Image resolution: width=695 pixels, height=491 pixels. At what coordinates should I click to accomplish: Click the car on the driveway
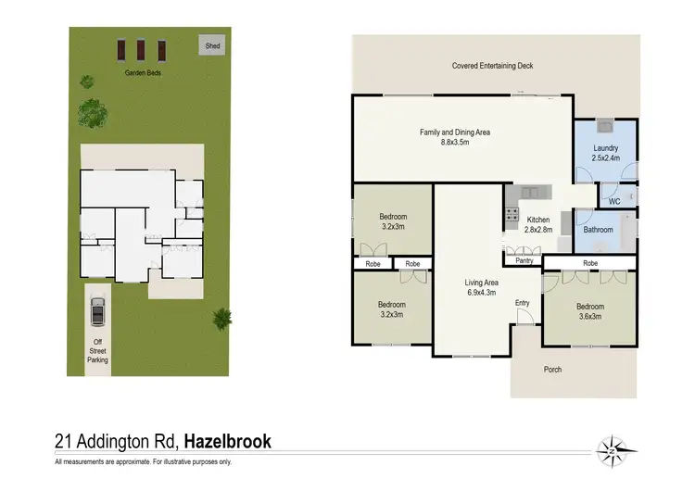tap(97, 311)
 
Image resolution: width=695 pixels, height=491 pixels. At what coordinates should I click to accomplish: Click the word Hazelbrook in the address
tap(227, 441)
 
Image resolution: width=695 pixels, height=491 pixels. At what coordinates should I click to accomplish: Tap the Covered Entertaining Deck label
tap(492, 66)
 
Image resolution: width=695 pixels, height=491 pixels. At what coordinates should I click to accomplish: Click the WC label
tap(613, 200)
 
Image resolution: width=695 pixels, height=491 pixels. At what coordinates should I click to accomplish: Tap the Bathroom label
tap(598, 229)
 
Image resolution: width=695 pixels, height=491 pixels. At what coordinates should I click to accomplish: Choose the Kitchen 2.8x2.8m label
tap(538, 224)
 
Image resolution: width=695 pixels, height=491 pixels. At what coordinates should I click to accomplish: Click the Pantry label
tap(524, 260)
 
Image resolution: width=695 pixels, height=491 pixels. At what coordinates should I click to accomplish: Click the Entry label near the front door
tap(523, 302)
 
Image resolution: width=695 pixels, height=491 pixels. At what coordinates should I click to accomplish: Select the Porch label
tap(552, 370)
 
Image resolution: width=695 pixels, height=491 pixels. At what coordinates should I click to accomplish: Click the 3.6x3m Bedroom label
tap(590, 311)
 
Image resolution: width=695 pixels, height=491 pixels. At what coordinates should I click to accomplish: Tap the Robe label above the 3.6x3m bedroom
tap(590, 263)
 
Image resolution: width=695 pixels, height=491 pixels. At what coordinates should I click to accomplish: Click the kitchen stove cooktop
tap(510, 214)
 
